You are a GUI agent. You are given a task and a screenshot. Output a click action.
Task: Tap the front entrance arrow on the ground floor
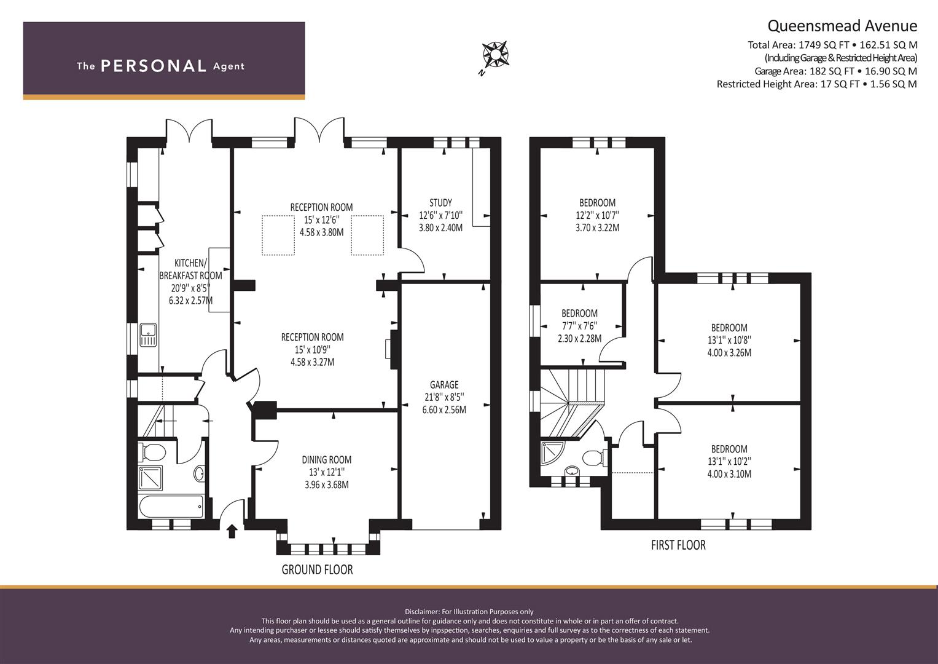(x=232, y=532)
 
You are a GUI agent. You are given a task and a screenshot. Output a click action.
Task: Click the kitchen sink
(x=148, y=334)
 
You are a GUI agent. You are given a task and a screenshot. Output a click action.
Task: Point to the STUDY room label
(x=440, y=203)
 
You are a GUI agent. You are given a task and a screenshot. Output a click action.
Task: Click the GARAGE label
(x=444, y=384)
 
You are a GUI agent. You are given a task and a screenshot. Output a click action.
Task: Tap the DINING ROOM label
(x=327, y=459)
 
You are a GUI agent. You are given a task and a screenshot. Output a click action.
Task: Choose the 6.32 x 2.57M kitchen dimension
(x=190, y=301)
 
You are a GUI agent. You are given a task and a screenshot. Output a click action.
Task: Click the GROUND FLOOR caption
(x=317, y=569)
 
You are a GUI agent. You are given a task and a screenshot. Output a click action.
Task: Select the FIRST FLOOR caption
(x=678, y=545)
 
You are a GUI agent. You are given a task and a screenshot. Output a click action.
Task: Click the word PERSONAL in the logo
(x=154, y=66)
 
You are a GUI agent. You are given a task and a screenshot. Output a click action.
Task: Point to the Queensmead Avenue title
(x=842, y=26)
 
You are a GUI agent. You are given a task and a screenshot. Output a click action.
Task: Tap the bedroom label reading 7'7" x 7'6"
(x=579, y=326)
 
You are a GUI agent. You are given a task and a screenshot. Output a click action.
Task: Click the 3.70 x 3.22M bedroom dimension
(x=597, y=227)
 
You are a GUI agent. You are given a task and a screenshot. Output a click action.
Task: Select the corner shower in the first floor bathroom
(x=553, y=453)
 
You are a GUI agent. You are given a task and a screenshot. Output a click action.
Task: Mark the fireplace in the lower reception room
(x=393, y=349)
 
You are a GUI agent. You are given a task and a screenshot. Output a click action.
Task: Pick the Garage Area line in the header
(x=835, y=71)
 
